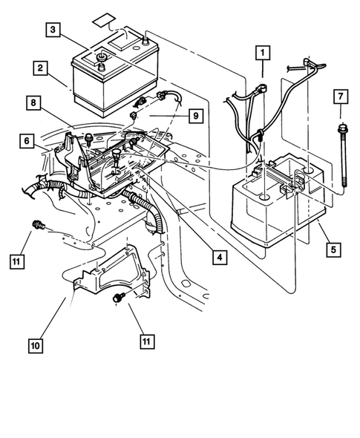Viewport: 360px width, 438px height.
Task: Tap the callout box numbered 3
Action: [x=54, y=30]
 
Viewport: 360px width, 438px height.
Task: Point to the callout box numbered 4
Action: [x=217, y=258]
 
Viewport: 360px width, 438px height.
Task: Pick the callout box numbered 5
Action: [x=333, y=249]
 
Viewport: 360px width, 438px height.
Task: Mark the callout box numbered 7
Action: [x=341, y=97]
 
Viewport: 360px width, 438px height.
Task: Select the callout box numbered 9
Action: [x=194, y=115]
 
